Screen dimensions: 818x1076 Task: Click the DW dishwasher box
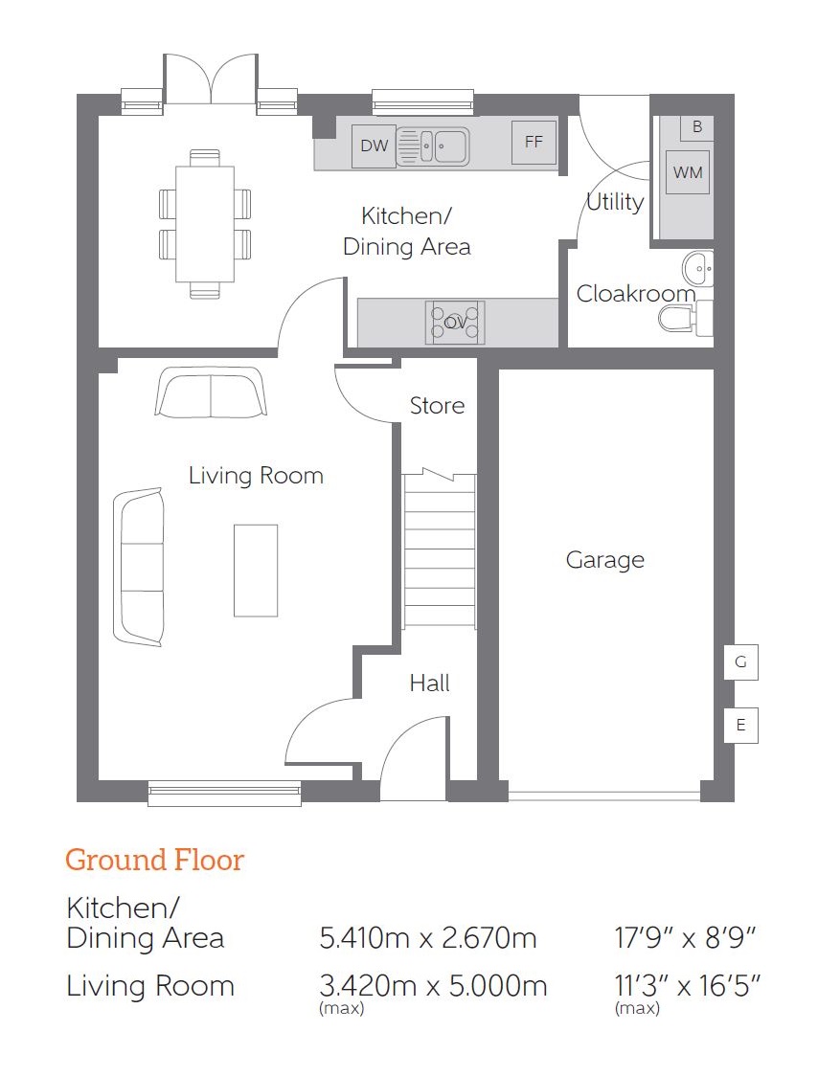pyautogui.click(x=374, y=146)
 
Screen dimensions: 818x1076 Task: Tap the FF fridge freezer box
pyautogui.click(x=534, y=142)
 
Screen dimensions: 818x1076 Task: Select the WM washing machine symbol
pyautogui.click(x=688, y=172)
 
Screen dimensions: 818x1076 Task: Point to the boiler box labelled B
pyautogui.click(x=697, y=127)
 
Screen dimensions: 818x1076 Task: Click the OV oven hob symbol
pyautogui.click(x=455, y=322)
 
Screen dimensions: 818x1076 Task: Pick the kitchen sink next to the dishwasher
pyautogui.click(x=433, y=146)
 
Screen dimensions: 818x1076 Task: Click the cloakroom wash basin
pyautogui.click(x=697, y=268)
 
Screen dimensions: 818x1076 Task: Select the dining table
pyautogui.click(x=205, y=224)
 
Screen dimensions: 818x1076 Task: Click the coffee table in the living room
pyautogui.click(x=256, y=571)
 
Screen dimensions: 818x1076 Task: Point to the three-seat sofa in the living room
pyautogui.click(x=139, y=567)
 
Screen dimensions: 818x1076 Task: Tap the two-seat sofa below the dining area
pyautogui.click(x=210, y=392)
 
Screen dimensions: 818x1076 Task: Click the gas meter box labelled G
pyautogui.click(x=740, y=662)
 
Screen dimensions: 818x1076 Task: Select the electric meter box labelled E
pyautogui.click(x=740, y=726)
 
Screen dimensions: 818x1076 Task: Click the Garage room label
pyautogui.click(x=605, y=560)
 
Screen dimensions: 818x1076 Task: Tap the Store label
pyautogui.click(x=437, y=406)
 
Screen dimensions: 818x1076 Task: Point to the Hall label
pyautogui.click(x=429, y=683)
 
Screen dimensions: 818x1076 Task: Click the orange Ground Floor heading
pyautogui.click(x=154, y=860)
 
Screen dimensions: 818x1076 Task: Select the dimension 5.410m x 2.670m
pyautogui.click(x=428, y=937)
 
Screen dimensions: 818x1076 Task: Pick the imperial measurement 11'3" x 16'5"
pyautogui.click(x=688, y=985)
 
